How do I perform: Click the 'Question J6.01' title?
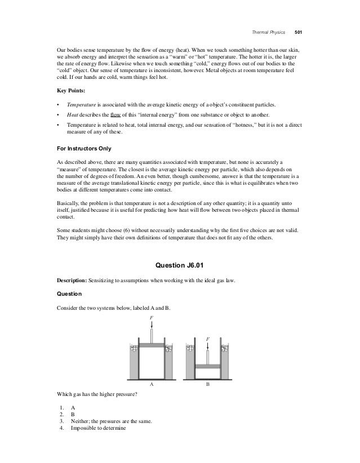point(180,265)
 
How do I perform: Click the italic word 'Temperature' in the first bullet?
point(81,105)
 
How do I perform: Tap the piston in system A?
point(150,344)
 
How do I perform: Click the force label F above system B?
point(207,339)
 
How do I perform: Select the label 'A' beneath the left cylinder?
point(150,384)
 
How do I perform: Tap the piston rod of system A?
point(150,332)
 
